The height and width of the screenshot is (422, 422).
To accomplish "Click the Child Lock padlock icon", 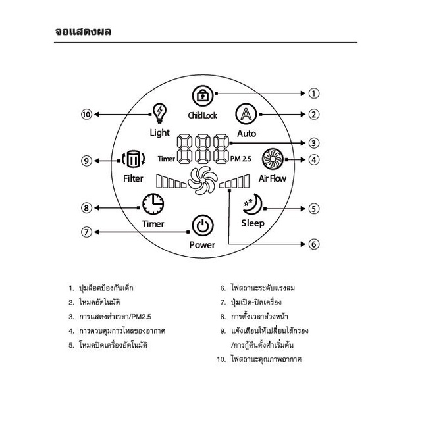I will click(202, 95).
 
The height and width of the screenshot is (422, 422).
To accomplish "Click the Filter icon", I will click(133, 159).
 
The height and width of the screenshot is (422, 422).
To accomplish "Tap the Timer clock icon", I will click(153, 204).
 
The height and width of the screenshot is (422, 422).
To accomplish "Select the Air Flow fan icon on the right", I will click(272, 159).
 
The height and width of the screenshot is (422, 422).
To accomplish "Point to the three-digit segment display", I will click(202, 150).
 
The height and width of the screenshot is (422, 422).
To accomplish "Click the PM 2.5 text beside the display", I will click(242, 159).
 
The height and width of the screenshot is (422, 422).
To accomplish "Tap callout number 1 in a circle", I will click(314, 93).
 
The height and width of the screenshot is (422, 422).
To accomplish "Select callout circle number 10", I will click(87, 114).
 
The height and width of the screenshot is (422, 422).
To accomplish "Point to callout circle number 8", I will click(86, 208).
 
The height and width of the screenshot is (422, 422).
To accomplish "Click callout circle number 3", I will click(314, 142).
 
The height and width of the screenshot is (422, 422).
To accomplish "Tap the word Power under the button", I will click(202, 245).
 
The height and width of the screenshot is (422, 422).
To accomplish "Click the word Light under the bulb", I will click(159, 132).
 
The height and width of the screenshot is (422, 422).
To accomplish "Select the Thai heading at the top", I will click(83, 30).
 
